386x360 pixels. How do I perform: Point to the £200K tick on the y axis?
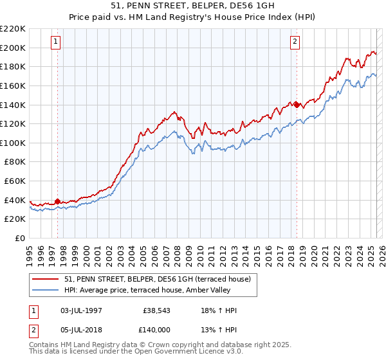(x=13, y=48)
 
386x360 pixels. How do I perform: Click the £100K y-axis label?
(x=13, y=143)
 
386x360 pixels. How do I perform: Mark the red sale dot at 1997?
(x=57, y=201)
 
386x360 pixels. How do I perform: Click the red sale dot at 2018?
(x=297, y=105)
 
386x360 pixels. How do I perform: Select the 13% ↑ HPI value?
(x=219, y=328)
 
